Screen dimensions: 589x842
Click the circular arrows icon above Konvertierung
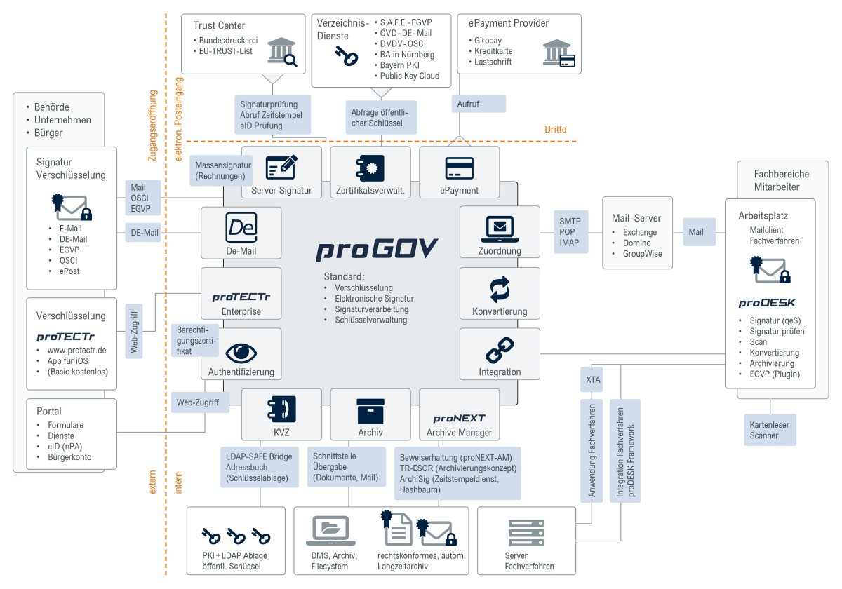(500, 289)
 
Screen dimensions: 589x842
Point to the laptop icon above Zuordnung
(500, 228)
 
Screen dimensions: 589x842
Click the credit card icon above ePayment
(459, 168)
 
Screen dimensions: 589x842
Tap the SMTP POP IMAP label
(570, 232)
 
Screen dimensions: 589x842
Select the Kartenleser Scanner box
(770, 430)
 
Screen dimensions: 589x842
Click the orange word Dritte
(555, 130)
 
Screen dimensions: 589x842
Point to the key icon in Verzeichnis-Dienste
(346, 56)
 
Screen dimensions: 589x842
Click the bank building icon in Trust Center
(280, 53)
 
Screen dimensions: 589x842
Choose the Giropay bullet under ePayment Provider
(488, 41)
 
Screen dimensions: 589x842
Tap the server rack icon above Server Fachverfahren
(527, 534)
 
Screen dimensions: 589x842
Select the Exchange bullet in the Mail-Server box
(640, 232)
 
